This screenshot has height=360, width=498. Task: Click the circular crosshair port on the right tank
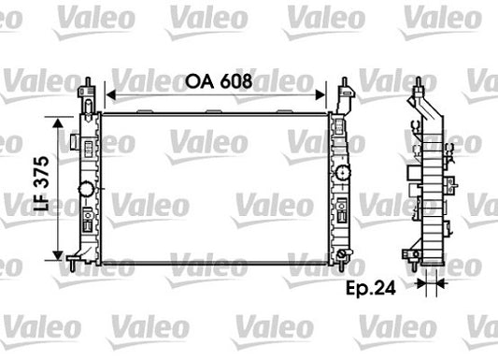(343, 174)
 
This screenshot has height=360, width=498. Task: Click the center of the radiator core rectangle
(215, 186)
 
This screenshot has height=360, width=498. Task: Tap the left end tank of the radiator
(90, 187)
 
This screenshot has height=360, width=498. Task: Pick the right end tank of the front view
(340, 187)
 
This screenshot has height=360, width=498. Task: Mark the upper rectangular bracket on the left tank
(74, 141)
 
